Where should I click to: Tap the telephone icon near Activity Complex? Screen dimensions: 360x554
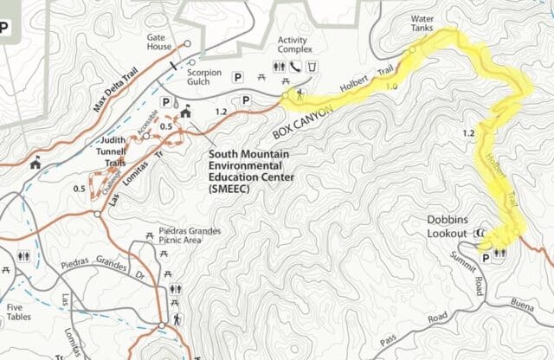point(295,67)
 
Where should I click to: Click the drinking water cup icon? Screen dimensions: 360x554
point(311,67)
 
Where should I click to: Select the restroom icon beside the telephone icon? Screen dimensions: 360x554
point(280,67)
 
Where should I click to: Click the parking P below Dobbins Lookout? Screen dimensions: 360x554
point(484,258)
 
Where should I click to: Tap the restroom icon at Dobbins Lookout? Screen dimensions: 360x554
point(499,257)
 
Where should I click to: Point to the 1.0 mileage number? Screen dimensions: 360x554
point(391,87)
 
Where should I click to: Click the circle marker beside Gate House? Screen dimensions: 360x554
point(188,43)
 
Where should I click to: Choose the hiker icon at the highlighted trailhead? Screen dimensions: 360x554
point(300,94)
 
